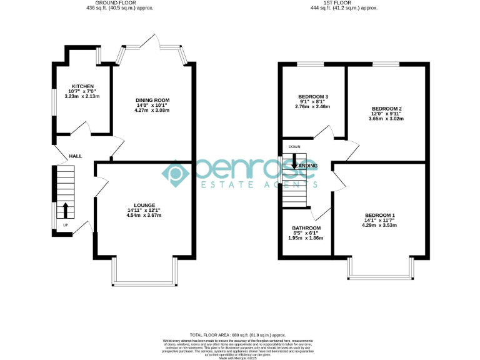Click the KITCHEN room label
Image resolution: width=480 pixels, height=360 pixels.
(82, 86)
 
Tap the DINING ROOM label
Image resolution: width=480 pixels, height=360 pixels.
(152, 100)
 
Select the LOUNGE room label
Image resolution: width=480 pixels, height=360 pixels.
(144, 204)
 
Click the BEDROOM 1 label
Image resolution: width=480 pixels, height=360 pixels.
(380, 216)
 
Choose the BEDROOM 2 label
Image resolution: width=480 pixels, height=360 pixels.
(386, 108)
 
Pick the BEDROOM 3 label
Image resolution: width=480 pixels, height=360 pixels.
(312, 97)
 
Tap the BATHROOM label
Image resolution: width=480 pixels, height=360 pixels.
(306, 227)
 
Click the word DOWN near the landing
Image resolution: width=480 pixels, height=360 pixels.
(294, 147)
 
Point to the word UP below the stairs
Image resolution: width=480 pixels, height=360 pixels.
(65, 225)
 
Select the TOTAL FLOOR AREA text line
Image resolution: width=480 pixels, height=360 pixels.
(240, 335)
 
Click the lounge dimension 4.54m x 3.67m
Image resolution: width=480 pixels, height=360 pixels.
(144, 215)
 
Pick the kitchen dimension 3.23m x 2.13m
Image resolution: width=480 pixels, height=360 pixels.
(82, 97)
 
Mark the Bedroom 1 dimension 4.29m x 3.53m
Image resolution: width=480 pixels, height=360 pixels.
(380, 226)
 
